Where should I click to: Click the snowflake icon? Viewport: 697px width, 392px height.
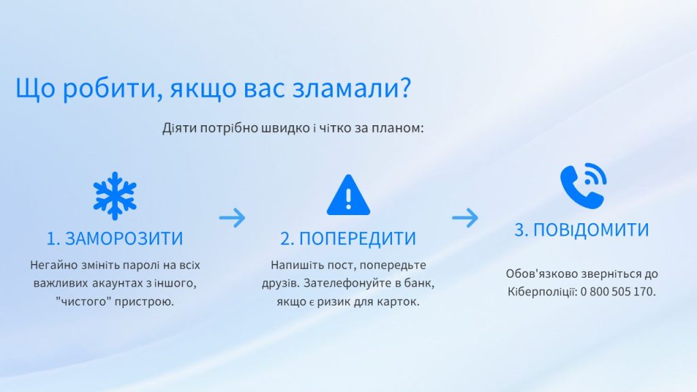click(x=114, y=196)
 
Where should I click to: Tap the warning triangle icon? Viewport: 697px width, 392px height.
click(x=348, y=195)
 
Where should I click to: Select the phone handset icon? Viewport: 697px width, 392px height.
click(x=583, y=186)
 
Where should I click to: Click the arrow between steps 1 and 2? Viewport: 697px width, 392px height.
click(x=232, y=218)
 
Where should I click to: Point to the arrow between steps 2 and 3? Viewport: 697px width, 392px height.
click(x=465, y=218)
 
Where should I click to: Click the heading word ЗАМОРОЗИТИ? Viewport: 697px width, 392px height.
click(x=124, y=239)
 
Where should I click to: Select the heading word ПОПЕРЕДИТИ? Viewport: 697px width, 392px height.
click(x=358, y=239)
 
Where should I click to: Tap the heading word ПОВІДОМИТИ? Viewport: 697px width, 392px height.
click(x=591, y=230)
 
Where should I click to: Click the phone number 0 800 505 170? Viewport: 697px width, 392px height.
click(x=618, y=292)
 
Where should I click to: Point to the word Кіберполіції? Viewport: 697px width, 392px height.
click(x=542, y=292)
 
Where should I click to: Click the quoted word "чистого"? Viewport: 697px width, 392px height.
click(x=84, y=301)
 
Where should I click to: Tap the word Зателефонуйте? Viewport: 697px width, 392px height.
click(x=344, y=283)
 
